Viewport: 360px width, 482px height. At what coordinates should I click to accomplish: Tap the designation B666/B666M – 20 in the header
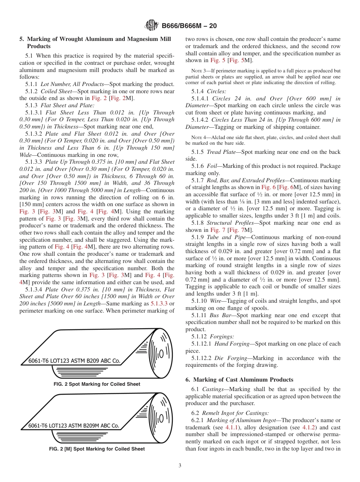click(x=189, y=26)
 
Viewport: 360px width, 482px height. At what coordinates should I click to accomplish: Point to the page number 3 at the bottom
click(x=180, y=466)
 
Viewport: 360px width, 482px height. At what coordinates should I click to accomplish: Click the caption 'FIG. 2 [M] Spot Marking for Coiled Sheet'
click(x=97, y=449)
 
